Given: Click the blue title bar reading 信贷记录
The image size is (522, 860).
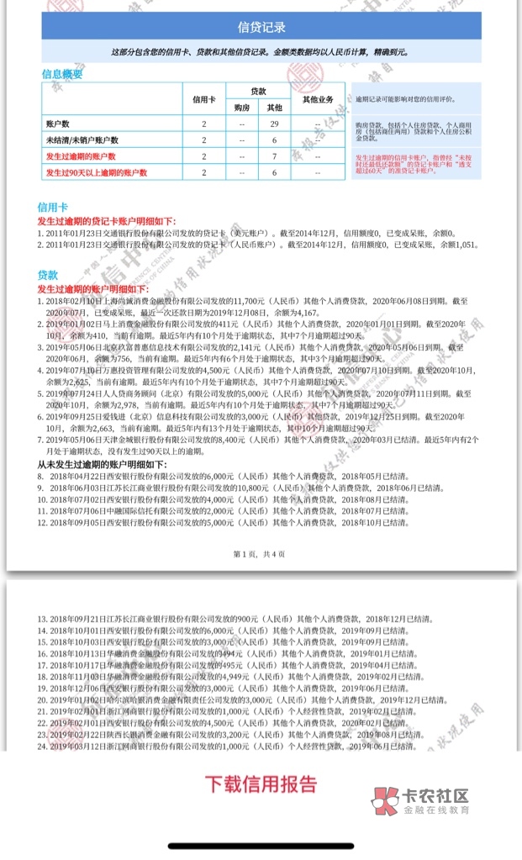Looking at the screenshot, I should [261, 27].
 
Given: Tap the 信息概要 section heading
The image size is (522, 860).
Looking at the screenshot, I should [62, 74].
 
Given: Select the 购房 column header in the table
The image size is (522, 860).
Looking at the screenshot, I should [241, 108].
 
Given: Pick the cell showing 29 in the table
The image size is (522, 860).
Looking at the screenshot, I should [274, 124].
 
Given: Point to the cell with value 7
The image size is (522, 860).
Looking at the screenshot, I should [274, 156].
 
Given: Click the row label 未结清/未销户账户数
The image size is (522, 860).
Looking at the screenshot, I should [82, 140].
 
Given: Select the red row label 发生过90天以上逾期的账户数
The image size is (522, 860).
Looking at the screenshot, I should [96, 172].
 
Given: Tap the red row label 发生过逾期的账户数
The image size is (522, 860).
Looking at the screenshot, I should [81, 156].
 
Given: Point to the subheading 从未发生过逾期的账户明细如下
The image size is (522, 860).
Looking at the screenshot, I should [102, 464].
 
